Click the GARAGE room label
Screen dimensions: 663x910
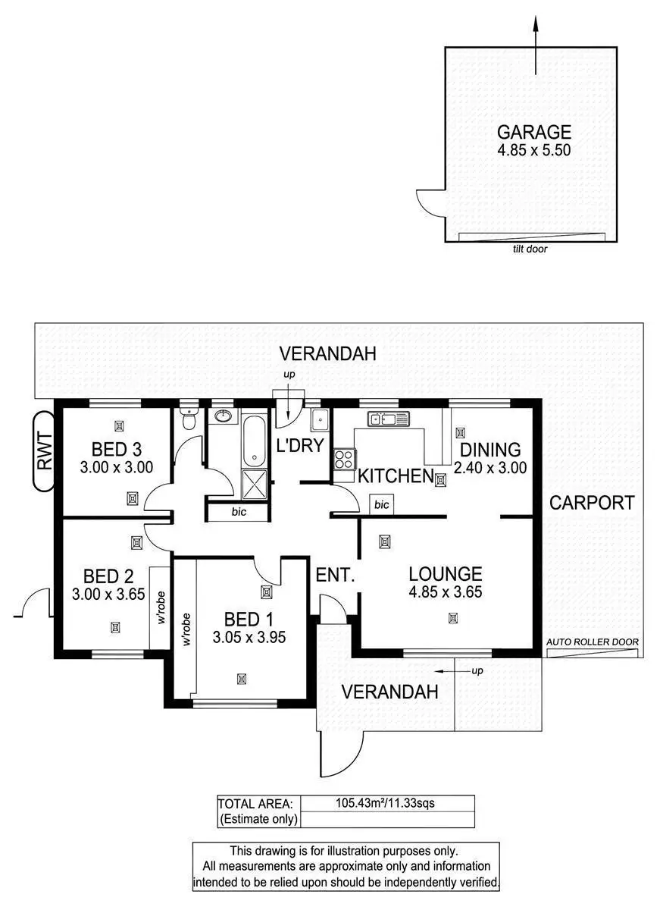[x=533, y=133]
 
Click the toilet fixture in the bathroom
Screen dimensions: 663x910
[x=189, y=419]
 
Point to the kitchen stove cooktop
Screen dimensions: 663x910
[x=344, y=458]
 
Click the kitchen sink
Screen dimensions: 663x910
[x=388, y=418]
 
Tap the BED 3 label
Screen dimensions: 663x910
[x=117, y=447]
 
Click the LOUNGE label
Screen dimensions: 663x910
[x=445, y=574]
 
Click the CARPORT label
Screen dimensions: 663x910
[x=591, y=502]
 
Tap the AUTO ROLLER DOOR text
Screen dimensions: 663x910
[x=593, y=642]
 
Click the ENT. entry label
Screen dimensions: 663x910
[x=336, y=576]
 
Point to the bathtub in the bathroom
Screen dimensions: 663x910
[x=253, y=440]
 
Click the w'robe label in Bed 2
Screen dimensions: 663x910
[x=160, y=607]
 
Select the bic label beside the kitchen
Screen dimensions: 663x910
[x=381, y=504]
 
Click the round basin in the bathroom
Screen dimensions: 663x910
[x=224, y=416]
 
